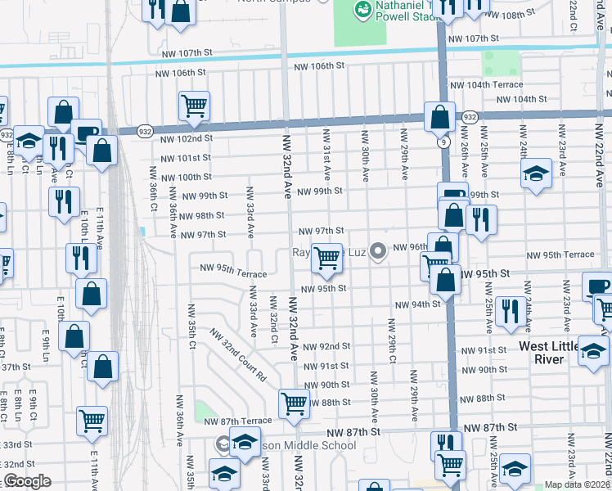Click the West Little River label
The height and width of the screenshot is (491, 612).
click(553, 354)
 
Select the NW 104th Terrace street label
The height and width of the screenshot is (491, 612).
click(486, 85)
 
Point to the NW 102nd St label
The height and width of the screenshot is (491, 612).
click(186, 139)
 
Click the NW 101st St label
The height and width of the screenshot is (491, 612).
click(187, 158)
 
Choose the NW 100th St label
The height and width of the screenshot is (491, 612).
click(187, 178)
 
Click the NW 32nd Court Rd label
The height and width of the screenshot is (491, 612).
click(238, 357)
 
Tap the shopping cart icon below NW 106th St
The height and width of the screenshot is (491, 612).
click(194, 105)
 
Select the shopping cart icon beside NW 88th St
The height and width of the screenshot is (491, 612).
click(293, 402)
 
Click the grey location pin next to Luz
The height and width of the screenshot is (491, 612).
click(377, 250)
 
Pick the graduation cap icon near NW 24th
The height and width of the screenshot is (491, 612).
click(536, 173)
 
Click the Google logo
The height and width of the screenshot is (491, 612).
click(26, 481)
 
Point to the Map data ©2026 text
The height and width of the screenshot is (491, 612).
click(576, 484)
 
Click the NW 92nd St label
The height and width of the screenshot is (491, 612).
click(326, 347)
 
